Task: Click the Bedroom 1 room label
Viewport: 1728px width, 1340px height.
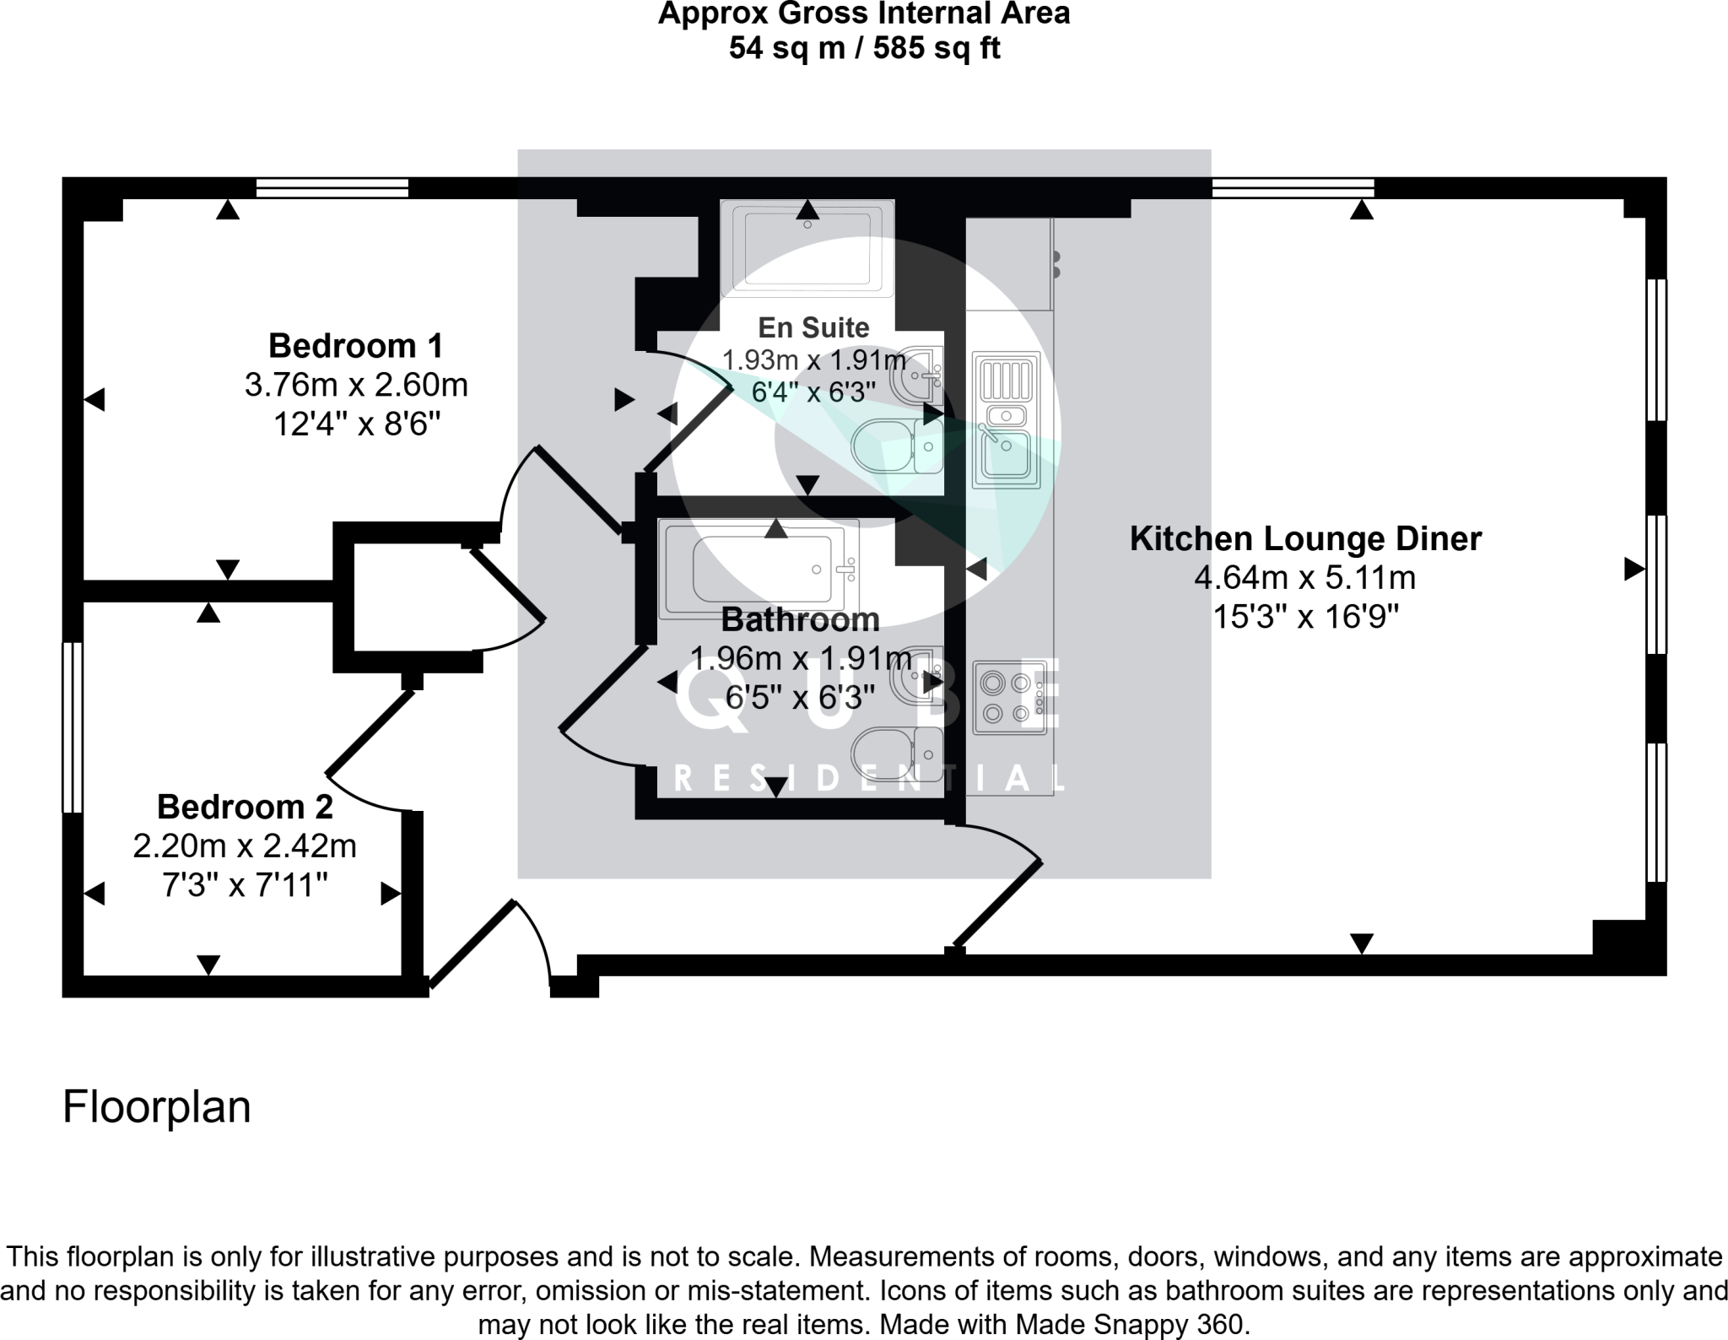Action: point(355,346)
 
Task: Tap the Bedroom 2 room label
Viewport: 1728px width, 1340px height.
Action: point(245,808)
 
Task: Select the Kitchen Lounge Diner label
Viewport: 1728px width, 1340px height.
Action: point(1304,538)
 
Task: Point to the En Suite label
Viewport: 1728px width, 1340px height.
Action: point(813,327)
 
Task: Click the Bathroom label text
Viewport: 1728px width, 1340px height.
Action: point(800,620)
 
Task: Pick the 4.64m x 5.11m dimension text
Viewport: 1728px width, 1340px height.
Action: point(1304,578)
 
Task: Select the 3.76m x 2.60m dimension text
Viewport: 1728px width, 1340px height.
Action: point(355,386)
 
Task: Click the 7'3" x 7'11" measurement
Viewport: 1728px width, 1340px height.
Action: point(245,886)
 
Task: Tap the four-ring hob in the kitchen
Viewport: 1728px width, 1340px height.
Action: point(1009,697)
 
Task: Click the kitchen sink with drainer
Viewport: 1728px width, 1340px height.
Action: point(1006,419)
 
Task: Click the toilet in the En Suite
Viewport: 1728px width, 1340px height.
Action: point(898,446)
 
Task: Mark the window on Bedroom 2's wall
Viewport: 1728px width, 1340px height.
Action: point(73,727)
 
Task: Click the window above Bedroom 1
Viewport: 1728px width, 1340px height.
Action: point(332,187)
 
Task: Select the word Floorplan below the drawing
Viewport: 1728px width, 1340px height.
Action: point(157,1107)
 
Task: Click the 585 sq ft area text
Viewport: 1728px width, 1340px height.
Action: point(936,48)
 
